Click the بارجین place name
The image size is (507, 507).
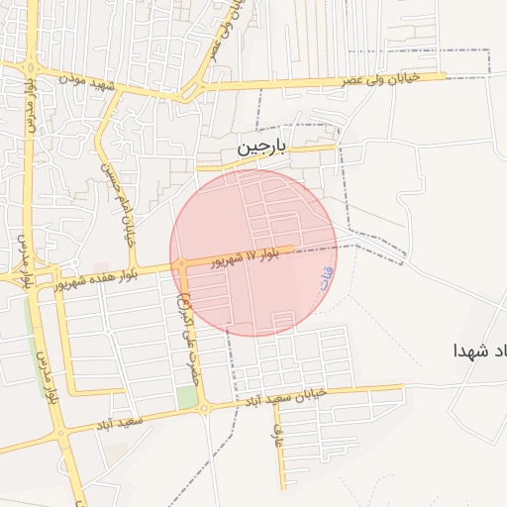coord(260,147)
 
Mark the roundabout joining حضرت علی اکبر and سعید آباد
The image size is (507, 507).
coord(202,408)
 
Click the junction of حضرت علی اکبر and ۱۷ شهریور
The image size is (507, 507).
coord(182,264)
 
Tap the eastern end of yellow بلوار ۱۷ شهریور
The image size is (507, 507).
coord(293,250)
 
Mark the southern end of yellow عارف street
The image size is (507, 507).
coord(283,488)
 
